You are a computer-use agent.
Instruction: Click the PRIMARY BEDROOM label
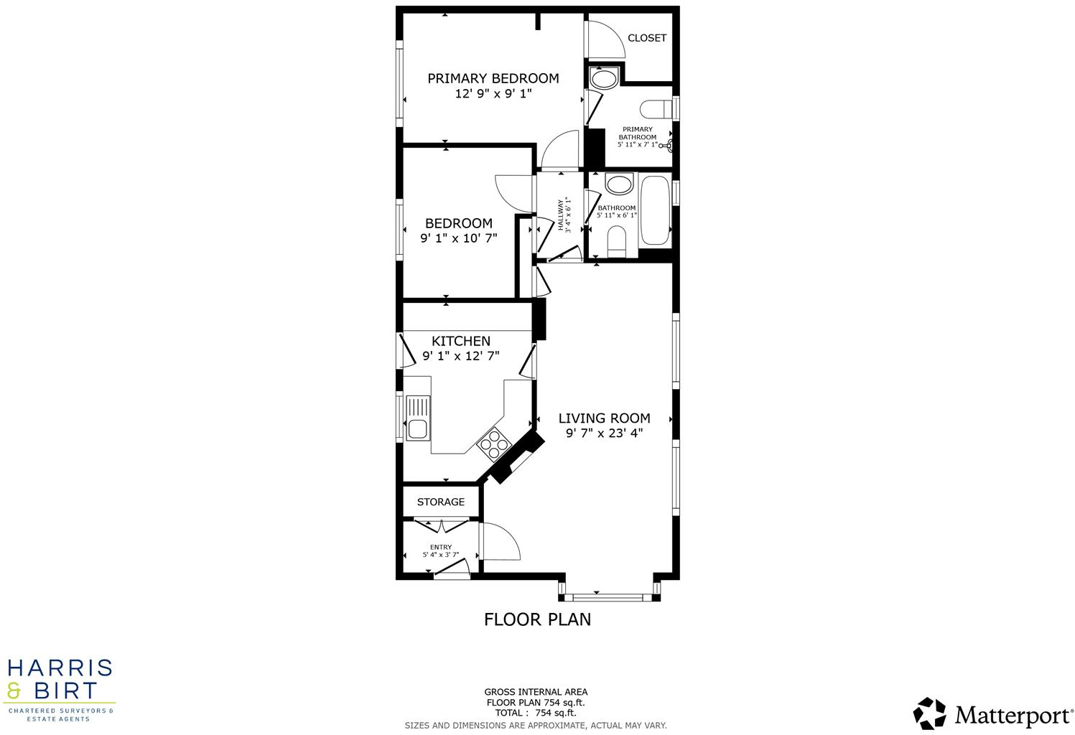[x=493, y=78]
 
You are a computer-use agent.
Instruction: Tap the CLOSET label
[x=646, y=38]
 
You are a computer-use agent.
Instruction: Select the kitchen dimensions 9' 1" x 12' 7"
[x=460, y=356]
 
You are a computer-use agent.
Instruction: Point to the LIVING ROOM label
[x=604, y=418]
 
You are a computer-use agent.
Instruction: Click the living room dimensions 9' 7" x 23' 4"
[x=604, y=433]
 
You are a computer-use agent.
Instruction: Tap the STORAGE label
[x=440, y=502]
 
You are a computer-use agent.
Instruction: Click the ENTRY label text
[x=440, y=547]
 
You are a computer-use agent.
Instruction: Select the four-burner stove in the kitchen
[x=493, y=443]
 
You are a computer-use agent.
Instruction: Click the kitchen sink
[x=417, y=418]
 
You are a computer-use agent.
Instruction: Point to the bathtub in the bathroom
[x=655, y=210]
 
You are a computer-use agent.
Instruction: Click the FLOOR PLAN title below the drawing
[x=537, y=619]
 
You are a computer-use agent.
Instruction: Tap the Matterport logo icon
[x=929, y=713]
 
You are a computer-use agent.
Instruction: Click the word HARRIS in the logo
[x=60, y=668]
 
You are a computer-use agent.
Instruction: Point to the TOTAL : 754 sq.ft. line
[x=535, y=713]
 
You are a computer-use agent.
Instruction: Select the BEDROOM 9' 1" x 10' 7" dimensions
[x=458, y=238]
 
